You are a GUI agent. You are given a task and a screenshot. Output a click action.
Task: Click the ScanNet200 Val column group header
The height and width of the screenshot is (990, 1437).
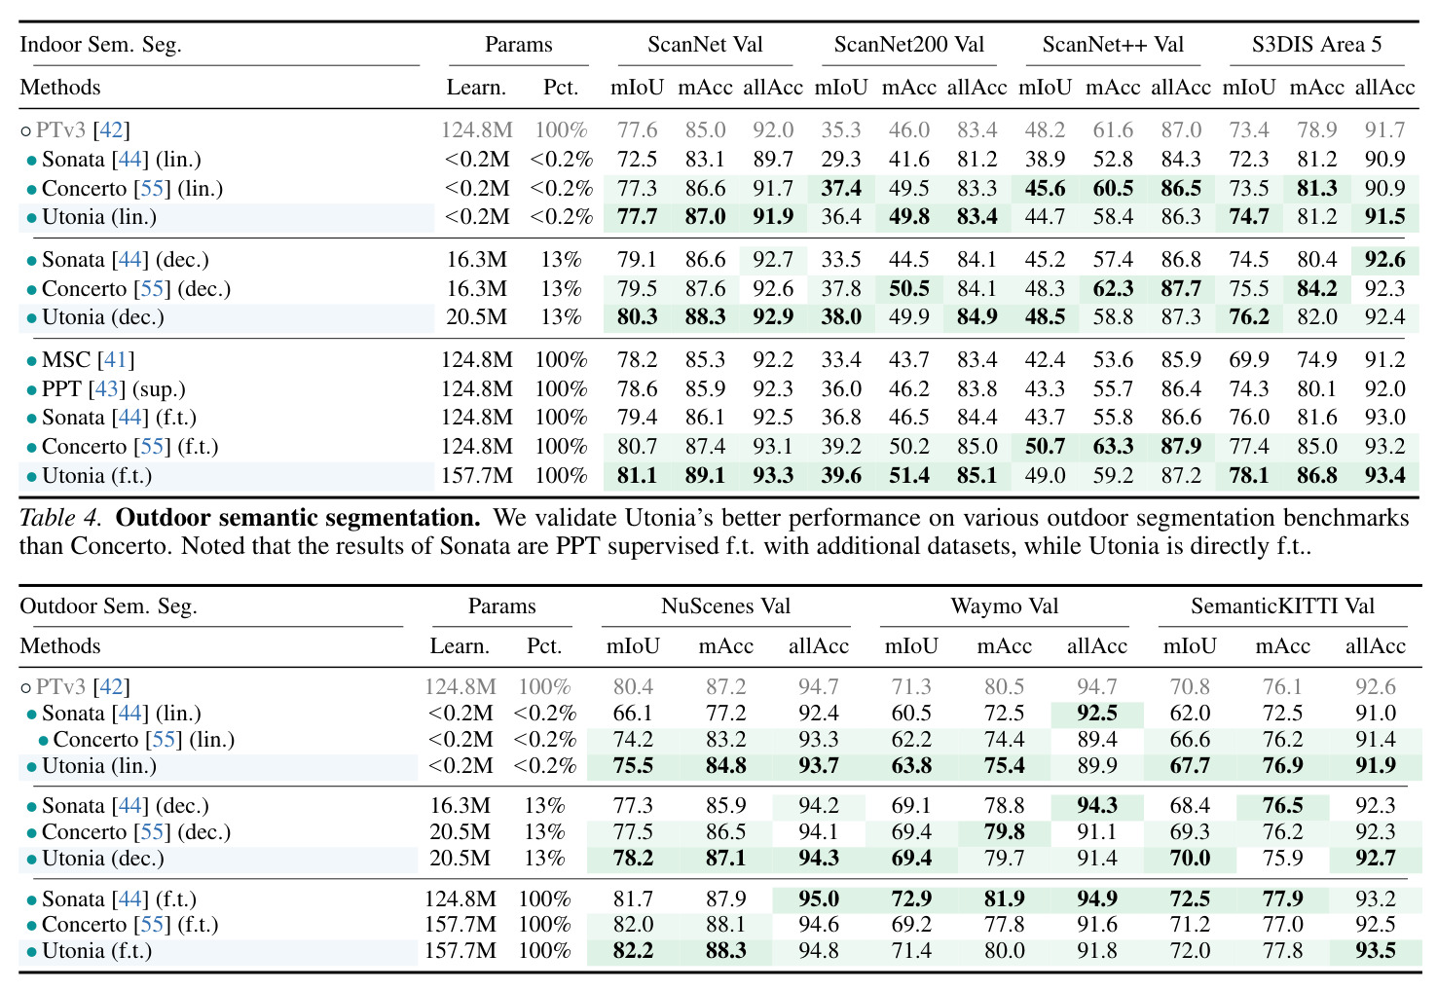(908, 44)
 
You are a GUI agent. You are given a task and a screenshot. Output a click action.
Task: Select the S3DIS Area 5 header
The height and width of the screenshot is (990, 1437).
(1316, 44)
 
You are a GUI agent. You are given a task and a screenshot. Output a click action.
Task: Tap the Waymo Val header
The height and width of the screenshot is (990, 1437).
(1004, 605)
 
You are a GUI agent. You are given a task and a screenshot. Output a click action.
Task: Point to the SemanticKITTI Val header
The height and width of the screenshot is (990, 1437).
(1282, 605)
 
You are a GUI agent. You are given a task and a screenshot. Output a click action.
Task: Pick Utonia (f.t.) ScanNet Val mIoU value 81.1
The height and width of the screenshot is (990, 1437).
(637, 475)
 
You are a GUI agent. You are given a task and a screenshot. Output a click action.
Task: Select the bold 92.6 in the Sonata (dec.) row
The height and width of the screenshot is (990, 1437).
(1384, 259)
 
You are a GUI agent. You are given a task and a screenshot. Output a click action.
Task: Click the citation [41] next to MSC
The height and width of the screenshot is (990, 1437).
(116, 359)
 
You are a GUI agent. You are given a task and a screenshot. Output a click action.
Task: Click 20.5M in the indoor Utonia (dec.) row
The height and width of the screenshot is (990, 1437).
(476, 317)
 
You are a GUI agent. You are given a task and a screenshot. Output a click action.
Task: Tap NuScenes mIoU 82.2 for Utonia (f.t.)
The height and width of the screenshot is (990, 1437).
(633, 950)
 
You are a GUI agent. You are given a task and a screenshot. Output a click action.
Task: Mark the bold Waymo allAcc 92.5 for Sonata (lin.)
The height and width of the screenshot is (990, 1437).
(1096, 713)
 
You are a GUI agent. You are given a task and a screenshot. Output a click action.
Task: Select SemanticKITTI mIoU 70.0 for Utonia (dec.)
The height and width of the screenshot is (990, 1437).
(1190, 858)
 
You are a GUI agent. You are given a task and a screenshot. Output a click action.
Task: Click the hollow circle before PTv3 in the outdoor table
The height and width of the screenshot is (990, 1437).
(25, 688)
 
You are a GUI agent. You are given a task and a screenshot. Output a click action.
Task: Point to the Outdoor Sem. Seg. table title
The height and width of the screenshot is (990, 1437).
(108, 606)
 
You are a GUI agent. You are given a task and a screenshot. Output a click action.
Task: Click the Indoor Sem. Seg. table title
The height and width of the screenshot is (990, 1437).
(100, 45)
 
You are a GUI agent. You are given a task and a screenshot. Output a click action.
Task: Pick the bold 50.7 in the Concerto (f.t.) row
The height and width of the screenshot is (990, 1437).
(1045, 446)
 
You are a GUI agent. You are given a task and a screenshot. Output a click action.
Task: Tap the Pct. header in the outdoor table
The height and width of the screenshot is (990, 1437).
(544, 645)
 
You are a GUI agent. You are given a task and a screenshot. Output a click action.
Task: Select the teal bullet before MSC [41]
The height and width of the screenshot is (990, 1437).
(31, 361)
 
